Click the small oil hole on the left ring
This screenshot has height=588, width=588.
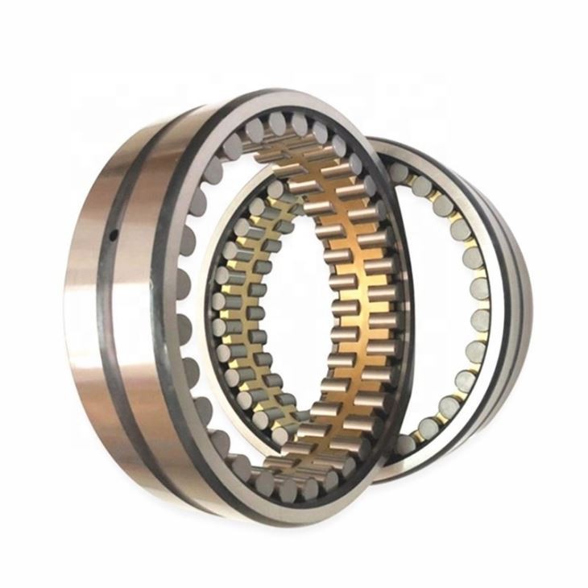click(x=114, y=234)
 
